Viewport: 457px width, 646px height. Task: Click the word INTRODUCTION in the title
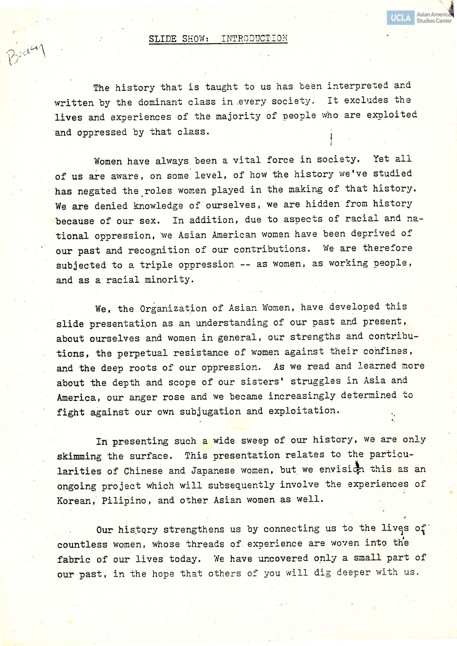(254, 38)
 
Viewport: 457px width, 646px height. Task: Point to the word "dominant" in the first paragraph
(160, 102)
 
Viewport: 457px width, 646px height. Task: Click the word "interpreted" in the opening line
(357, 85)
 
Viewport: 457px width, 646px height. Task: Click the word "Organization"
(173, 309)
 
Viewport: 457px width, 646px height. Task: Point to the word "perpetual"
(142, 353)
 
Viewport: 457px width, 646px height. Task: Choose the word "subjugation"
(210, 412)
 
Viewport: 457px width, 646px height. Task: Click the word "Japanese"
(213, 471)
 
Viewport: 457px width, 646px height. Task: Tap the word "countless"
(82, 544)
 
